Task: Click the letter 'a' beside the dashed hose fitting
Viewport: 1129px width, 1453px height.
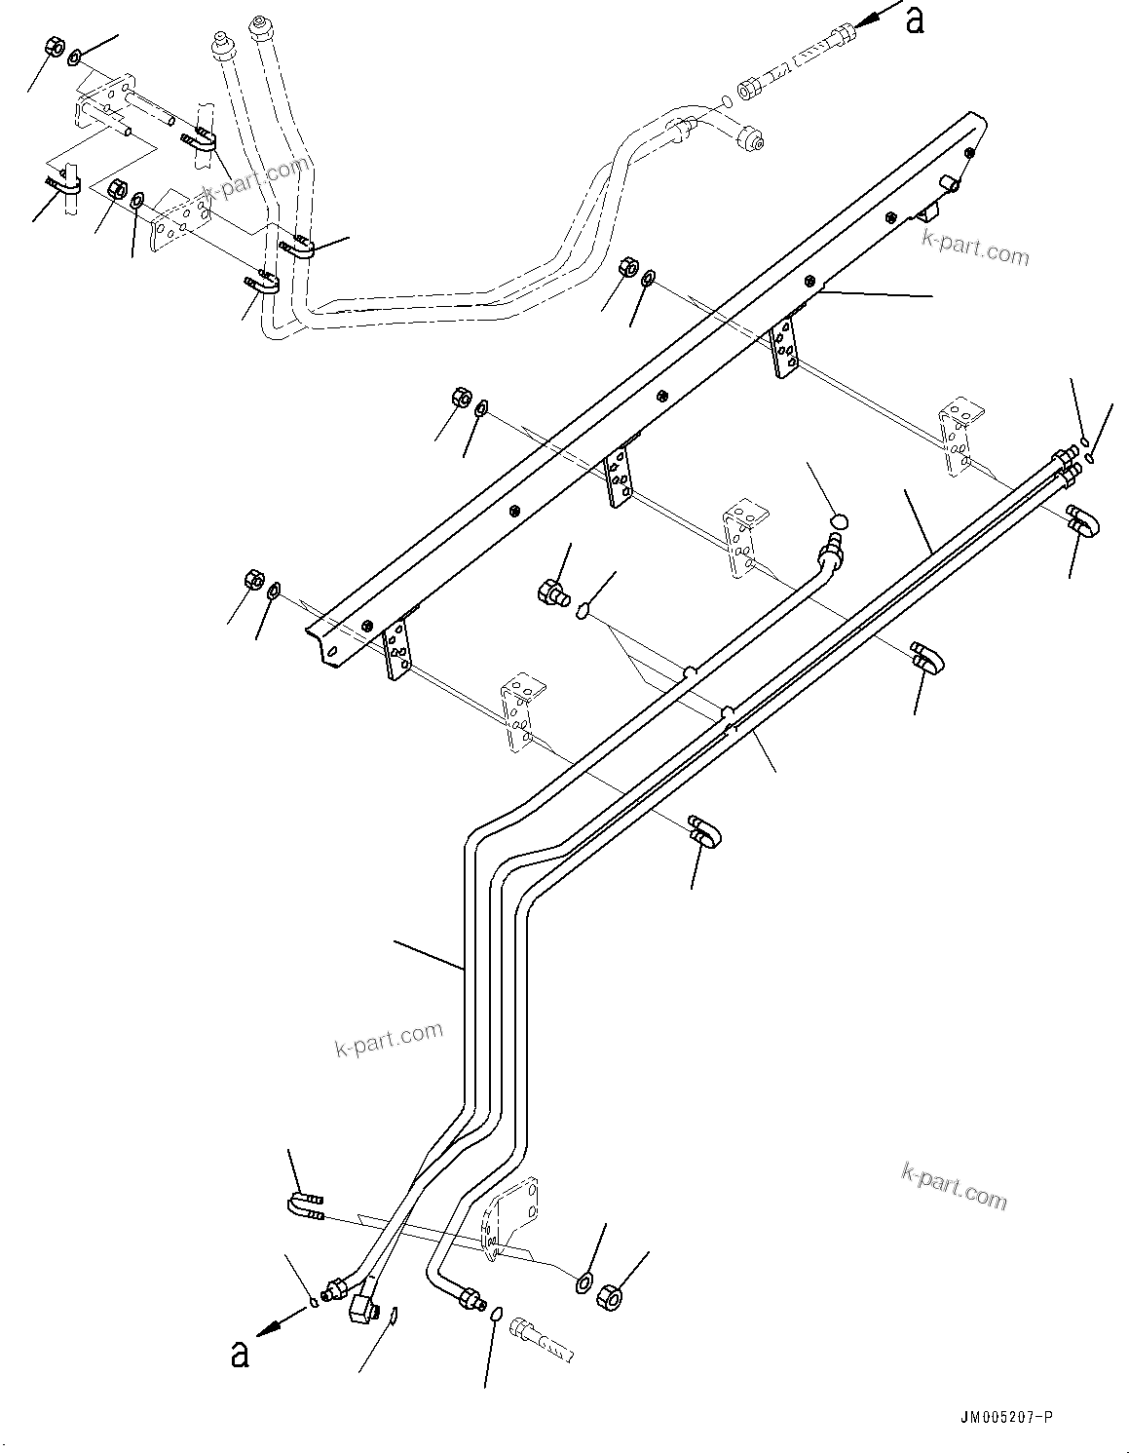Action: click(x=914, y=19)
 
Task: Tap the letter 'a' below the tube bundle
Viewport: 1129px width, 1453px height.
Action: click(x=239, y=1355)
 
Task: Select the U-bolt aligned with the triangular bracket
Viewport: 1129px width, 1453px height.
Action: click(x=306, y=1206)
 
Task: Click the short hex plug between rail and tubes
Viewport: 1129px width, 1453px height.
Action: click(x=552, y=592)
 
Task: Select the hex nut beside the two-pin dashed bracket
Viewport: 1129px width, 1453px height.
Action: click(x=55, y=47)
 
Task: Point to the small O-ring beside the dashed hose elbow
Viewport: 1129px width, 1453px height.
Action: click(x=729, y=100)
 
